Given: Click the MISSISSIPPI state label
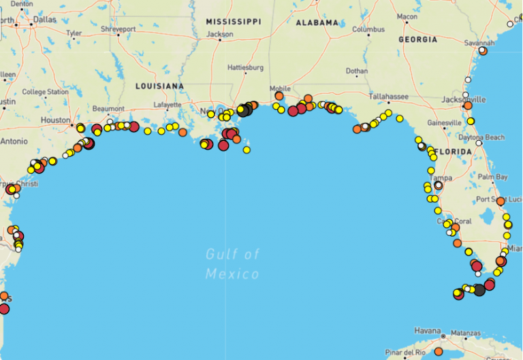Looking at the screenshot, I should tap(234, 22).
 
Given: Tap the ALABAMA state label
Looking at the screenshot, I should tap(317, 22).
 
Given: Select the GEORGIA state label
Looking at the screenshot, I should tap(417, 39).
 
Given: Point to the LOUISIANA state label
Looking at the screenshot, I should tap(159, 86).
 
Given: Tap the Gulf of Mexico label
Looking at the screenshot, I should tap(232, 264).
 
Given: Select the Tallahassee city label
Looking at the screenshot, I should tap(388, 97).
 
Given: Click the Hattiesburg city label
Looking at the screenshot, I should tap(245, 68).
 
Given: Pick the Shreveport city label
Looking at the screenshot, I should tap(118, 29).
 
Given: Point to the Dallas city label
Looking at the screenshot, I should tap(44, 20).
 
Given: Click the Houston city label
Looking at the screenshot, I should tap(55, 120).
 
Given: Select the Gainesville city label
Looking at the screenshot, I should tap(444, 122).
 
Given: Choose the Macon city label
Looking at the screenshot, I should tap(407, 16).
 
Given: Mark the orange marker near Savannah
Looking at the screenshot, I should tap(483, 51).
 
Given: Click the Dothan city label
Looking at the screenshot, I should tap(356, 71).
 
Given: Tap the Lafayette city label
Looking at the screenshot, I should tap(168, 105).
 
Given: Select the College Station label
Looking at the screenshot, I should tap(45, 92).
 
